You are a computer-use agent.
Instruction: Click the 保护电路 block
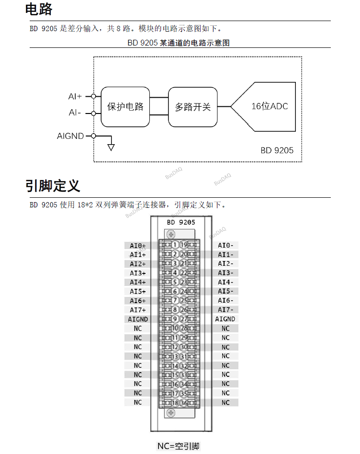point(125,106)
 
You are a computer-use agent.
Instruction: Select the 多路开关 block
point(192,106)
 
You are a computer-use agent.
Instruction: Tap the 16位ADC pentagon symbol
point(266,106)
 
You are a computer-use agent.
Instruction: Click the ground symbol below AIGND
point(111,146)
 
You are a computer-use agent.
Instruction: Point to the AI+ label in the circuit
point(75,96)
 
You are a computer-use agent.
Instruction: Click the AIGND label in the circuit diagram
point(70,136)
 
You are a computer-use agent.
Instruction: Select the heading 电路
point(39,9)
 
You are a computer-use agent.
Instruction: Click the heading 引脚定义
point(53,185)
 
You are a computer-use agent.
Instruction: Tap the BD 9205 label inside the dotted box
point(277,150)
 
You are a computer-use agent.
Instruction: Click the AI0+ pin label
point(138,245)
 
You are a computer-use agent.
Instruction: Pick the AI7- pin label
point(225,310)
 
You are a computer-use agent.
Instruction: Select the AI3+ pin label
point(138,273)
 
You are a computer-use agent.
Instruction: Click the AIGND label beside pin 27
point(225,319)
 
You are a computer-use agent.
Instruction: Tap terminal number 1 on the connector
point(175,245)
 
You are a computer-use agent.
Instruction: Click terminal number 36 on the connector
point(184,403)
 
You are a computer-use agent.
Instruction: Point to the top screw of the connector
point(171,234)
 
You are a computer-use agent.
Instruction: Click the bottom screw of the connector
point(171,413)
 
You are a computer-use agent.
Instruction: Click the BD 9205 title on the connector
point(181,222)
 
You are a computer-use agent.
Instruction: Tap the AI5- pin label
point(225,291)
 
